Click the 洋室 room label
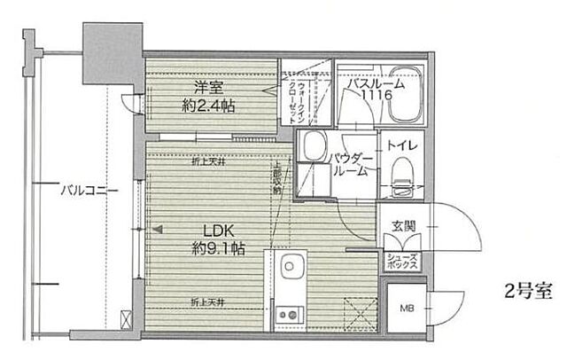(206, 87)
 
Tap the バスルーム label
(376, 84)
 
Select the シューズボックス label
(403, 260)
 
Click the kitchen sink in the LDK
(288, 267)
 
